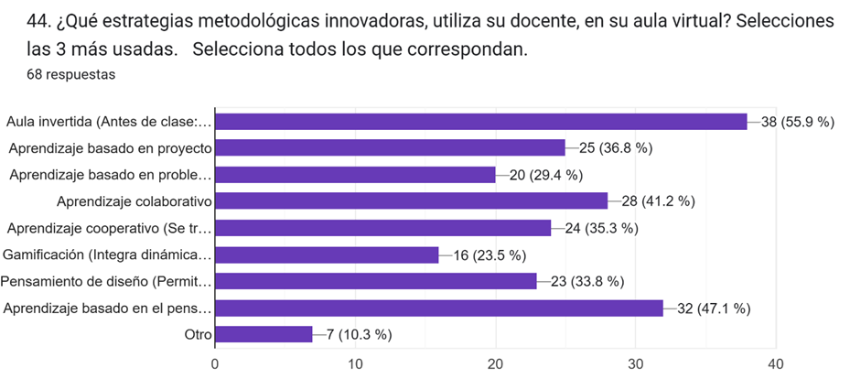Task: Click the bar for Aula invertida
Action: point(480,121)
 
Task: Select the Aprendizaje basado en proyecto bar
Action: point(390,147)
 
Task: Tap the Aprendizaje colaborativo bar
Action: point(411,200)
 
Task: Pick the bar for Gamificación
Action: point(327,255)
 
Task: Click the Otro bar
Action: point(264,334)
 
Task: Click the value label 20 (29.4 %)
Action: point(545,175)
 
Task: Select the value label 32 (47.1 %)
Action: point(714,309)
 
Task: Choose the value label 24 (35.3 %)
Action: point(601,228)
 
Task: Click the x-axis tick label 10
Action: point(355,363)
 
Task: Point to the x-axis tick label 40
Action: point(776,363)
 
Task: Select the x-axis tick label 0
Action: point(215,363)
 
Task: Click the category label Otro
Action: point(198,335)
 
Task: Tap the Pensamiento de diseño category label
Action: point(106,281)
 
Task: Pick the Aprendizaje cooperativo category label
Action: point(109,228)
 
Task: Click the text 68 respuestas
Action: point(70,74)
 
